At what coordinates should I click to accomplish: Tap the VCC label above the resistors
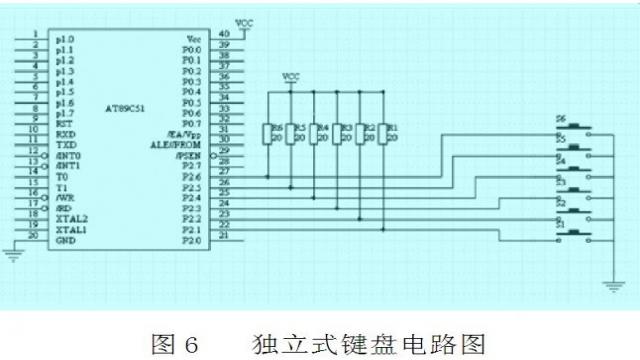[x=291, y=76]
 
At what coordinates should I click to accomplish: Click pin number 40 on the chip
[x=223, y=34]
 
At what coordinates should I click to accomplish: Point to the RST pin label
[x=63, y=124]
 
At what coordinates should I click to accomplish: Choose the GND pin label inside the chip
[x=65, y=240]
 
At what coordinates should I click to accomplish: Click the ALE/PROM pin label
[x=183, y=145]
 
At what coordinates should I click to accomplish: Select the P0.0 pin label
[x=192, y=49]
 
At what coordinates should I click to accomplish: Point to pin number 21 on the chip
[x=223, y=236]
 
